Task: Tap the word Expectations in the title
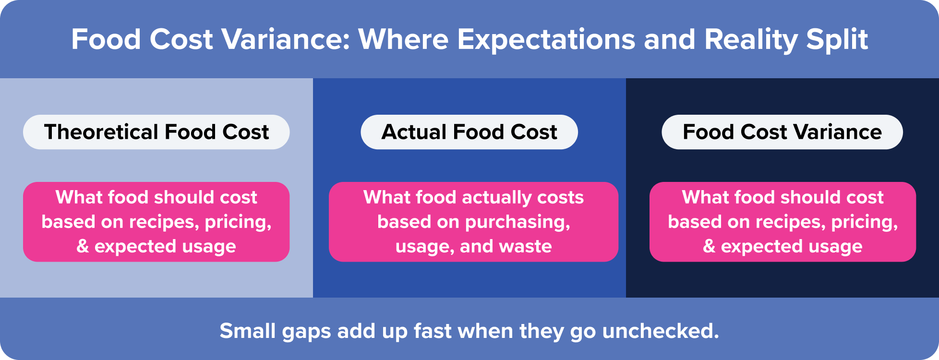coord(546,39)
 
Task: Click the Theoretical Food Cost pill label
coord(156,132)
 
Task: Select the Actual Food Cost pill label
coord(469,132)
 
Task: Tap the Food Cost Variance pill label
coord(782,132)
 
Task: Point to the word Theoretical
coord(101,132)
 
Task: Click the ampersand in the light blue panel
coord(83,247)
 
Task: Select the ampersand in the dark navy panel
coord(709,247)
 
